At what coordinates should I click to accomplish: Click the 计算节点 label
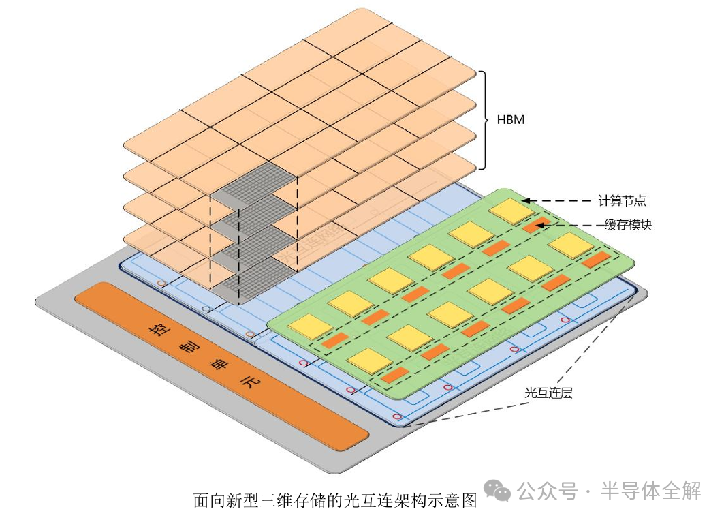622,200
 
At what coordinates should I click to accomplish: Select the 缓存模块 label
628,225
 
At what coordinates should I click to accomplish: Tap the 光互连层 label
548,393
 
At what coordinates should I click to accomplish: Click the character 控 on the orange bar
159,329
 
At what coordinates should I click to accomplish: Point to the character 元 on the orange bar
252,383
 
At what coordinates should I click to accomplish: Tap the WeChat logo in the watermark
497,490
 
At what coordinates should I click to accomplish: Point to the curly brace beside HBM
485,120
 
